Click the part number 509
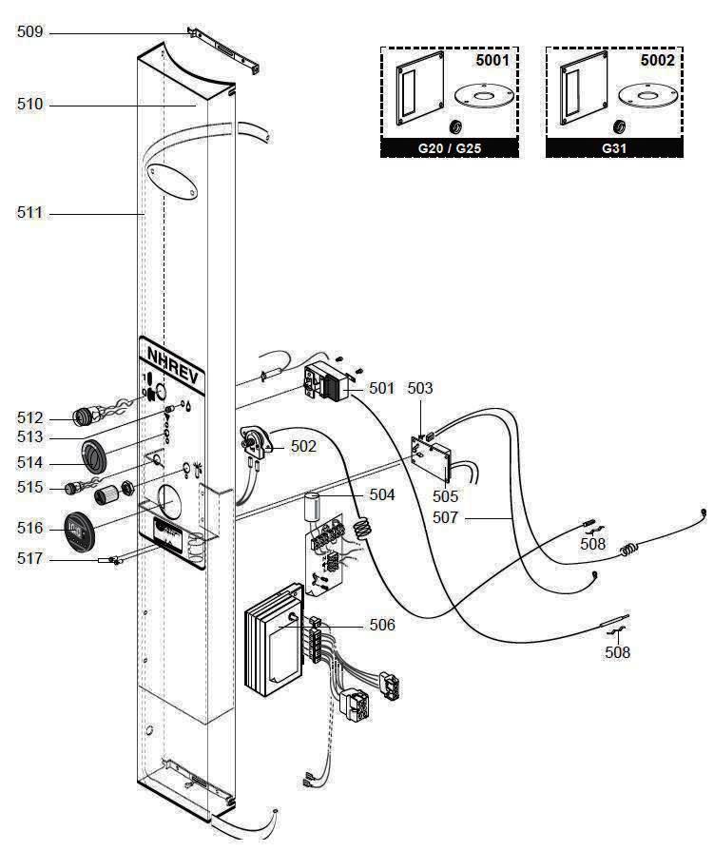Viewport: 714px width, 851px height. tap(29, 32)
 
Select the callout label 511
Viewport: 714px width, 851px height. tap(29, 214)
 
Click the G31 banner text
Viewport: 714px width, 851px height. tap(613, 148)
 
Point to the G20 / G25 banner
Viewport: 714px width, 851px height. tap(450, 148)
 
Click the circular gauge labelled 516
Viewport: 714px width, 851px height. tap(79, 530)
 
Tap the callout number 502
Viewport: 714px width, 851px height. tap(304, 445)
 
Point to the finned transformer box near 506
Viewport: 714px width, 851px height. tap(276, 645)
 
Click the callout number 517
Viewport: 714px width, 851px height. tap(29, 559)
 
